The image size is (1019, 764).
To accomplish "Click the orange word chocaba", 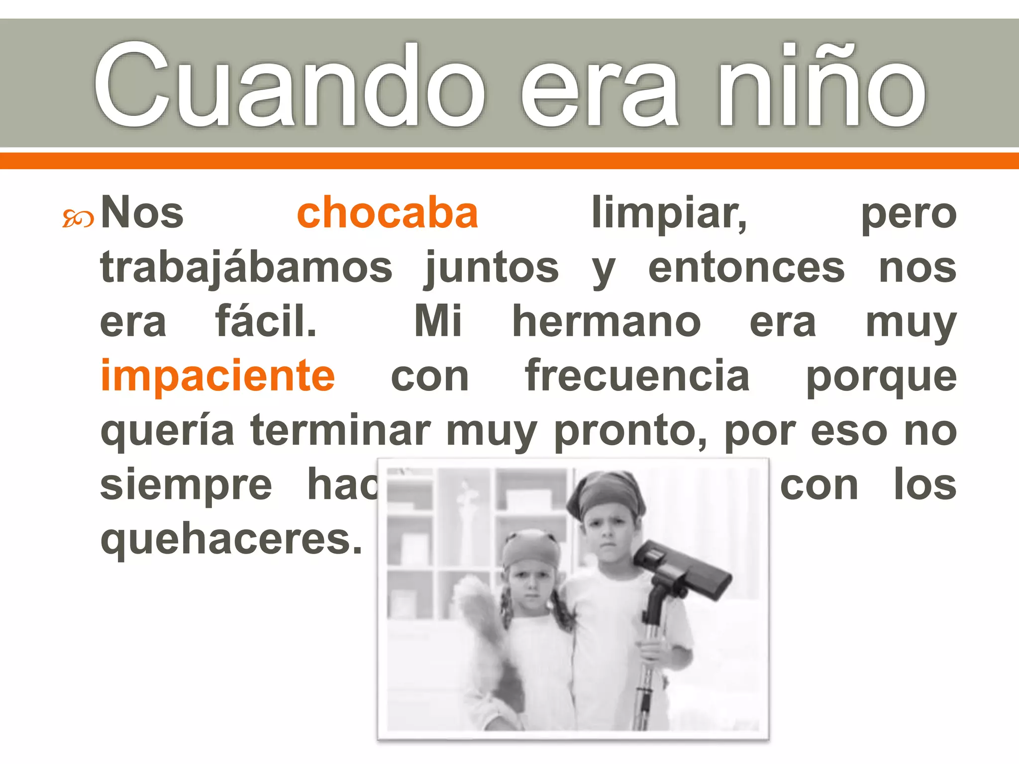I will [x=387, y=213].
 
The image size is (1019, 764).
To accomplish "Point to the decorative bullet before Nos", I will [x=78, y=218].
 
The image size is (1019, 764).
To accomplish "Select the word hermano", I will [x=607, y=322].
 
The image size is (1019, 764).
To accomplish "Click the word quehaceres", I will [x=231, y=540].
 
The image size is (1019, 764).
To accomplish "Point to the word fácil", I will [x=266, y=322].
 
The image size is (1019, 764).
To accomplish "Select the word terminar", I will [x=340, y=430].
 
